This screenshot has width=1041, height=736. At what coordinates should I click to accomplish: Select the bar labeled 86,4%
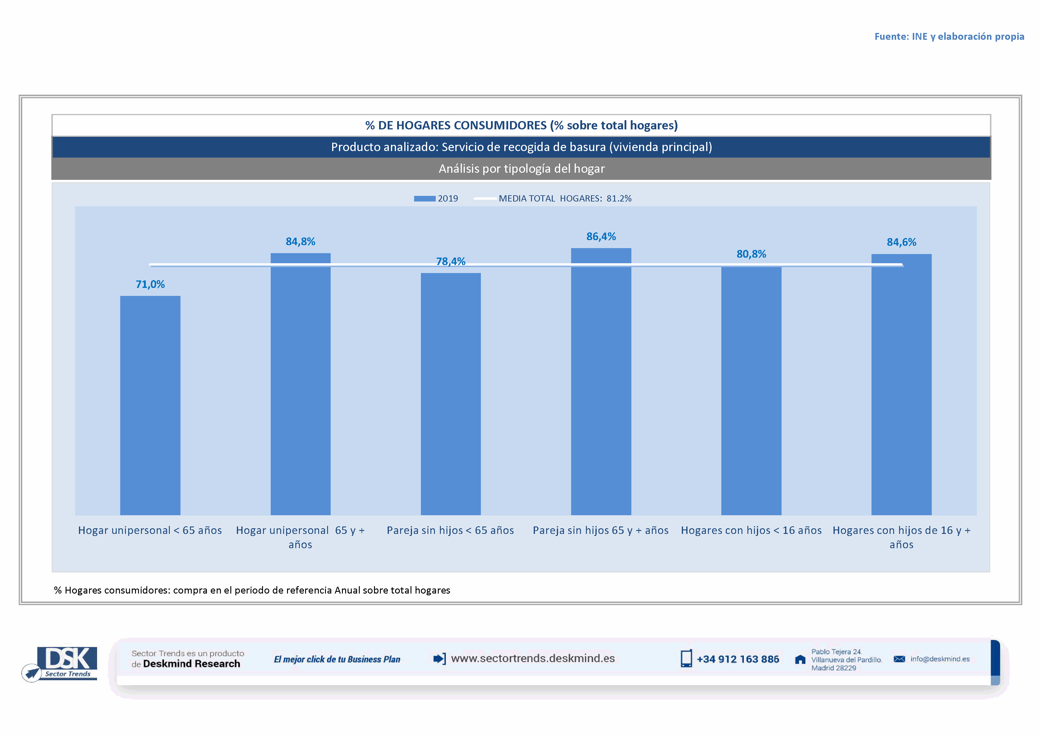(601, 381)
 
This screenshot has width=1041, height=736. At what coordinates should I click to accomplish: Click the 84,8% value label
(300, 242)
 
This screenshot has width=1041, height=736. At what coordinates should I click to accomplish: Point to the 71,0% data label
(150, 284)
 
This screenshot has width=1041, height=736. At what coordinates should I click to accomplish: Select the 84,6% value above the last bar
(901, 242)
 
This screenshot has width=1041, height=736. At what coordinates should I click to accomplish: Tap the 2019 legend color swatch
(424, 199)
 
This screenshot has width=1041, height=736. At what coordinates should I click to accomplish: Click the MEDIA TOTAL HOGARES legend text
(565, 199)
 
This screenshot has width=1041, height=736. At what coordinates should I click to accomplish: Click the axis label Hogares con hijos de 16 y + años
(901, 537)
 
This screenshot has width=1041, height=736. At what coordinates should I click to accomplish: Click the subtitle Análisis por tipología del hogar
(522, 169)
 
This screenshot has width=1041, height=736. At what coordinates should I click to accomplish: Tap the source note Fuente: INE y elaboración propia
(949, 36)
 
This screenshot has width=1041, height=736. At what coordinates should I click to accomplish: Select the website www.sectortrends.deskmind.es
(533, 659)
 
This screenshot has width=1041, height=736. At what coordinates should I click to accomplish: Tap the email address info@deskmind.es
(940, 659)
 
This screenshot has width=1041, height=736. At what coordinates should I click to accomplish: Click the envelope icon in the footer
(899, 659)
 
